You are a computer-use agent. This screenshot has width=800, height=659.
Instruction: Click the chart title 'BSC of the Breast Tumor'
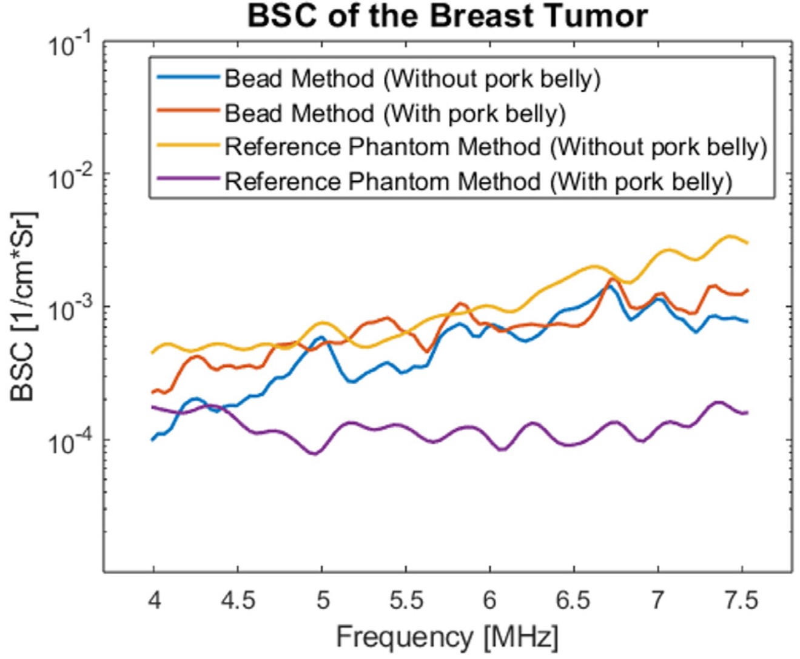click(x=448, y=16)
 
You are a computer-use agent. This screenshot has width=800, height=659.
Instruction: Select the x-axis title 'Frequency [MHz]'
click(x=447, y=637)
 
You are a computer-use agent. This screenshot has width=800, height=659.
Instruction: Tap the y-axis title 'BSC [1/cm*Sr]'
click(x=24, y=306)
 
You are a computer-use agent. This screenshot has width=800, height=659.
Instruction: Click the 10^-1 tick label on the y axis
click(x=70, y=45)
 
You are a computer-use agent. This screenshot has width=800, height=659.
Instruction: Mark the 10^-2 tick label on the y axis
click(x=70, y=178)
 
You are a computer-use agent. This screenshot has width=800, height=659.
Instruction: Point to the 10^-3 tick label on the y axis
click(x=70, y=310)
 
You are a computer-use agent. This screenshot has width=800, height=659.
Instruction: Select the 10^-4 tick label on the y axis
click(x=70, y=443)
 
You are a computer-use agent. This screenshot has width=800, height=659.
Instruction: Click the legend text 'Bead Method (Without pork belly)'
click(x=412, y=79)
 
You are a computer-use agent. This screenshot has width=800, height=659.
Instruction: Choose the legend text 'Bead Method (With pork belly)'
click(x=395, y=113)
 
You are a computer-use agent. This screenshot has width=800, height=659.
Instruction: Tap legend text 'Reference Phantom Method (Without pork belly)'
click(x=496, y=147)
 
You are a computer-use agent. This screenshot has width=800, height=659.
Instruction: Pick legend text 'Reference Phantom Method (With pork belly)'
click(x=479, y=181)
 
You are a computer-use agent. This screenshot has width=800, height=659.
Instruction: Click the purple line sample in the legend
click(x=187, y=179)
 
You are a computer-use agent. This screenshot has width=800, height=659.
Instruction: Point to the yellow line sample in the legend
click(x=187, y=146)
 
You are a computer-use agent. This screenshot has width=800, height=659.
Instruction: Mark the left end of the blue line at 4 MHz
click(x=153, y=439)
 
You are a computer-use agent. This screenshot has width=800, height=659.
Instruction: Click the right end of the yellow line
click(x=747, y=243)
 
